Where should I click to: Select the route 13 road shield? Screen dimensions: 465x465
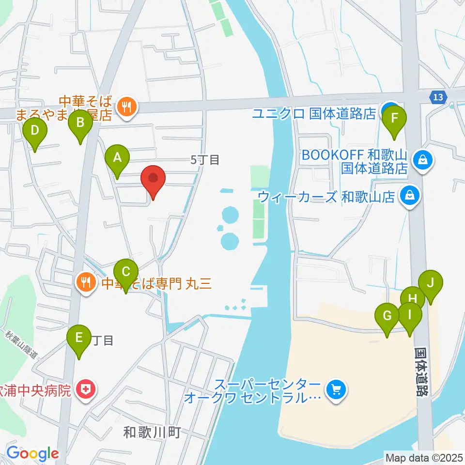438,97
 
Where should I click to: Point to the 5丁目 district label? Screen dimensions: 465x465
205,160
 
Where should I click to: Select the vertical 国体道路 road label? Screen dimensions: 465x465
422,371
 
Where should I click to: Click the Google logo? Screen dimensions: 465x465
32,454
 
